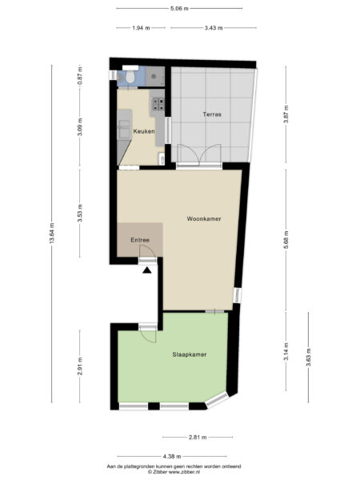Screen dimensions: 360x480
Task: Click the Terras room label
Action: pos(212,114)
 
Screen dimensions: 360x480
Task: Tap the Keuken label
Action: pos(143,131)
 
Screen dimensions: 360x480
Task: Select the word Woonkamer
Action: pos(204,219)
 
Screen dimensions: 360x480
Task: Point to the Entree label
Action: pos(140,240)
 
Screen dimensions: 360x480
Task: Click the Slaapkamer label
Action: pos(189,354)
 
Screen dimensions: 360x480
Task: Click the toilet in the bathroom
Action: pos(130,77)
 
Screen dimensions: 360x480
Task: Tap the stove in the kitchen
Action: pos(158,104)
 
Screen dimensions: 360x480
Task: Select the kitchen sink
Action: pos(124,129)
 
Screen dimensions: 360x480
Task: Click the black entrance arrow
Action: pos(147,270)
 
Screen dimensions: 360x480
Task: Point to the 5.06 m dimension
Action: pos(179,9)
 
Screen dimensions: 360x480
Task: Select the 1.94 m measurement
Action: pos(141,28)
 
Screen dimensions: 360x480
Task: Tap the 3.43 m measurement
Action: pos(214,28)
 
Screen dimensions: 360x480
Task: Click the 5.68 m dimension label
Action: pos(286,239)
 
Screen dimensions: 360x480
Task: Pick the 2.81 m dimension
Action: pos(198,437)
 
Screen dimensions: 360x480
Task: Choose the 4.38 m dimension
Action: pos(172,457)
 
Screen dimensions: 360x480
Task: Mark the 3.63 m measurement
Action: pos(308,358)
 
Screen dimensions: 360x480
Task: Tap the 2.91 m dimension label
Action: pos(80,366)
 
